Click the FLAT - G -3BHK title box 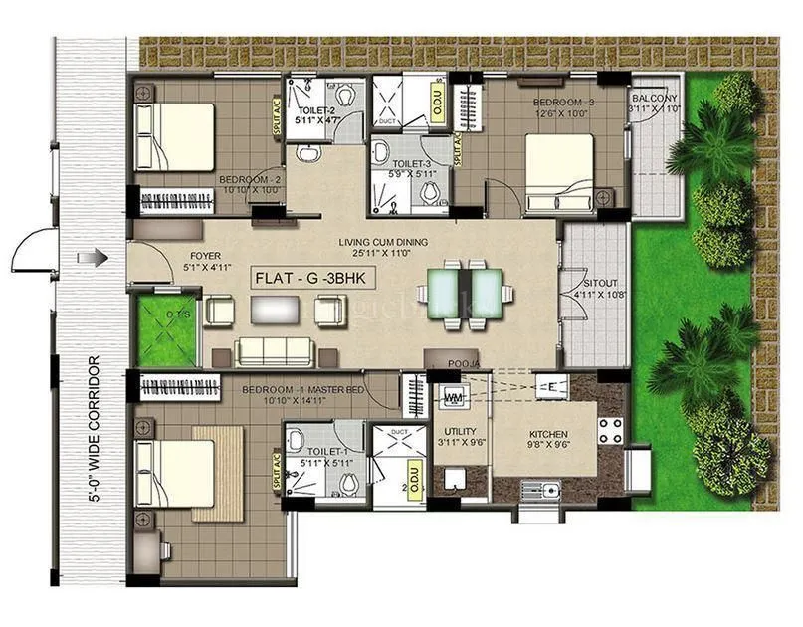(312, 279)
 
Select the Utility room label (459, 436)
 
